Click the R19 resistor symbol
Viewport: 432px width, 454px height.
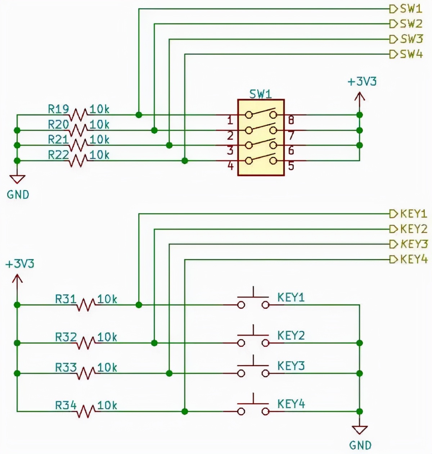[x=78, y=115]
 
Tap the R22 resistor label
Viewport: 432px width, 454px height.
[x=58, y=155]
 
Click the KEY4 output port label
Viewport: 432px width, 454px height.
[x=414, y=259]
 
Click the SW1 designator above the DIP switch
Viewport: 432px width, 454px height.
[x=261, y=94]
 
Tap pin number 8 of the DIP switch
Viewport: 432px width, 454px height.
[x=291, y=120]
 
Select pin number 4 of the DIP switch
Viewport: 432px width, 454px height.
[x=230, y=166]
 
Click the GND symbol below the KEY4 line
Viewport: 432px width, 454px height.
[x=360, y=430]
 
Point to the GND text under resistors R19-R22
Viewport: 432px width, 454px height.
[x=18, y=195]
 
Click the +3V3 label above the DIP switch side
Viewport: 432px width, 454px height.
[x=362, y=82]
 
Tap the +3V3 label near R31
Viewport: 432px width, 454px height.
[x=20, y=264]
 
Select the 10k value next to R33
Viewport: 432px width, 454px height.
[x=107, y=367]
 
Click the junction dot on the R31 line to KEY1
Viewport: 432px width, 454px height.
[x=139, y=305]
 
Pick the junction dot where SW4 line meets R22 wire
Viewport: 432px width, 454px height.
[x=185, y=160]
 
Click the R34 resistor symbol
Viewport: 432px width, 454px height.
[x=86, y=411]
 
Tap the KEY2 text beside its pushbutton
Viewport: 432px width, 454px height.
[x=291, y=335]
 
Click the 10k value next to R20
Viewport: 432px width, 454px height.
[x=99, y=124]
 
